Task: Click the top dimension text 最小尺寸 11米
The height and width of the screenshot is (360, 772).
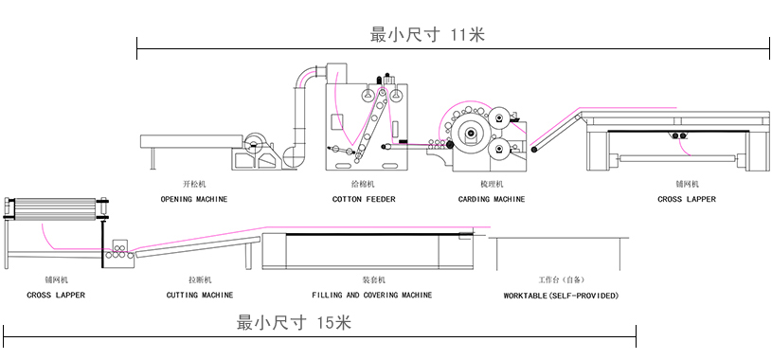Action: [428, 35]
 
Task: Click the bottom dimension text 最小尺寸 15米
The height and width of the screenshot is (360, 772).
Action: [294, 322]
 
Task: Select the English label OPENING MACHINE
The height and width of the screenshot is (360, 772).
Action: [193, 200]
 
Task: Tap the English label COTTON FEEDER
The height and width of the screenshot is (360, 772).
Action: [364, 200]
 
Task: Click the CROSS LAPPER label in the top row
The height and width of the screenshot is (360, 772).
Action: [687, 200]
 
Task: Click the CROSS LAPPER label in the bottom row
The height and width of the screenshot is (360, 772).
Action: [56, 296]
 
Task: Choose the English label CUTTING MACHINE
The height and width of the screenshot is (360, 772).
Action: [200, 296]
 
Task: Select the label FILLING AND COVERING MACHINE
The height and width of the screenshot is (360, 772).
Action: [372, 296]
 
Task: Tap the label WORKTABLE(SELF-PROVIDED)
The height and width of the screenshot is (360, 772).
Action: [561, 296]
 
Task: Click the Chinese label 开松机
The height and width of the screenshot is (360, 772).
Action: [193, 183]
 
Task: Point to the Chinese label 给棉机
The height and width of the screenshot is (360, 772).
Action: [364, 183]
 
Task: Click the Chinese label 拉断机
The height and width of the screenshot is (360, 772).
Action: [200, 280]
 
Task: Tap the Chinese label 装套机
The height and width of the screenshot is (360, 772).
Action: [372, 280]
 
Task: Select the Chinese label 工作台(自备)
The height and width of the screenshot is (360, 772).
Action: [561, 280]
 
